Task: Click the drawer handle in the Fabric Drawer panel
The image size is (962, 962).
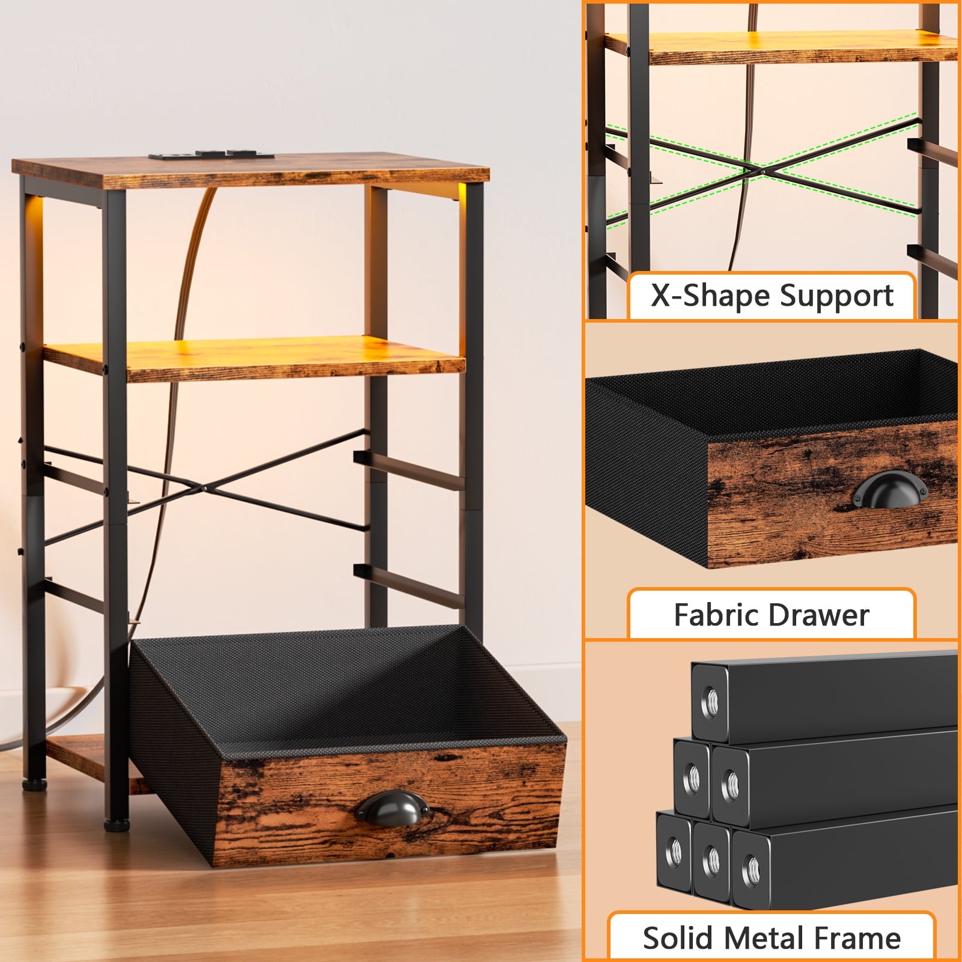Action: point(890,489)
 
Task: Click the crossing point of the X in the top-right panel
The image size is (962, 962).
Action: point(762,172)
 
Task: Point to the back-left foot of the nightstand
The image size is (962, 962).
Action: point(34,784)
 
